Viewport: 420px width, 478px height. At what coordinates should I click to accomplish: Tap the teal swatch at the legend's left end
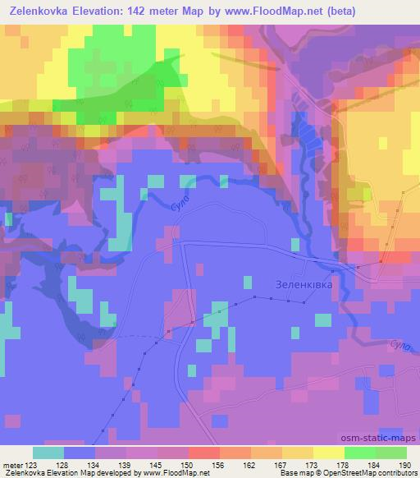(48, 453)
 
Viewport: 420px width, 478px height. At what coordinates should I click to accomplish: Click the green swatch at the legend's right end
(391, 453)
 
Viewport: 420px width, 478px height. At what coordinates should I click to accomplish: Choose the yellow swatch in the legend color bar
(329, 453)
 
